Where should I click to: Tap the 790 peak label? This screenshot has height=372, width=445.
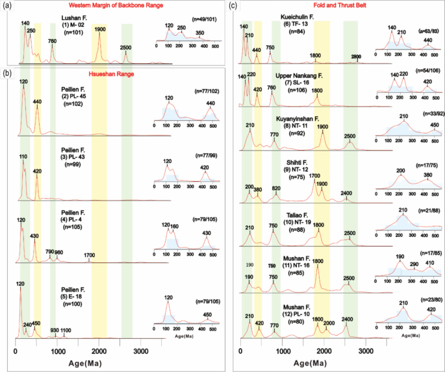[49, 251]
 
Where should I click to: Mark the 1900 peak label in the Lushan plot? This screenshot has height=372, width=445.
[99, 29]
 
